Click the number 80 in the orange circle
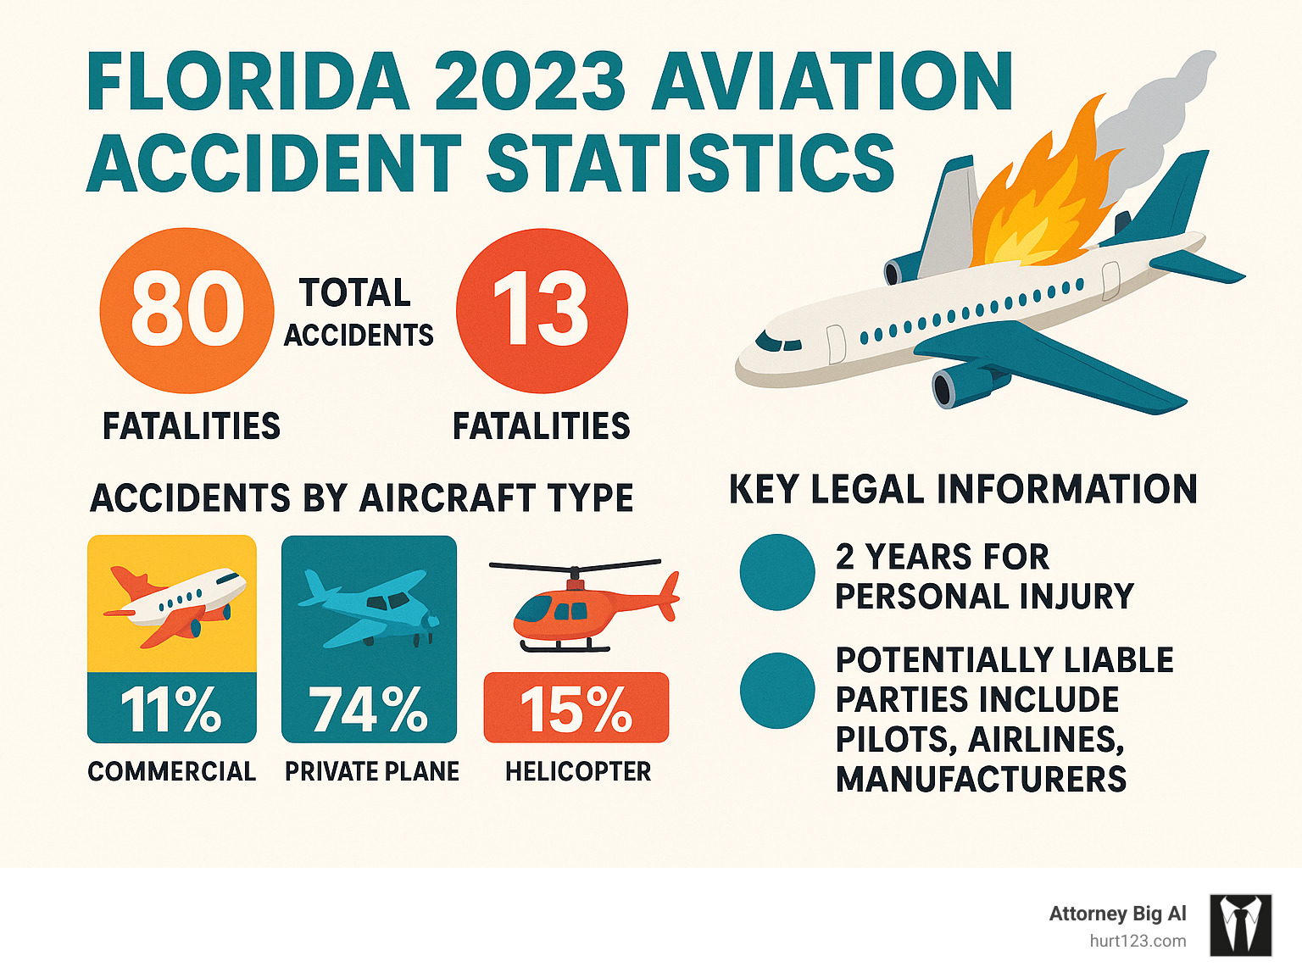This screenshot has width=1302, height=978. [186, 310]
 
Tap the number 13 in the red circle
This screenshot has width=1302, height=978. [541, 310]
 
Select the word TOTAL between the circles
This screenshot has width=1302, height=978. [355, 293]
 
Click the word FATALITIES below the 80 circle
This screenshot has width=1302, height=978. [191, 425]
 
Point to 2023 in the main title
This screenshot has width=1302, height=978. [530, 82]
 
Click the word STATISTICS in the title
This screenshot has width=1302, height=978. [690, 163]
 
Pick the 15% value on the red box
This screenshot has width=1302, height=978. [576, 708]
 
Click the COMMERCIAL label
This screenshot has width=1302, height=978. [171, 771]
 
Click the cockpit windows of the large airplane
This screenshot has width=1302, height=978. [777, 343]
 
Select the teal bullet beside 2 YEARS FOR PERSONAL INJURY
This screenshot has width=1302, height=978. [776, 572]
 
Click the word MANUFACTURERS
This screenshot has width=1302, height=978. [981, 779]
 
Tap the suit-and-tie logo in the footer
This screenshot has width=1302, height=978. [1240, 925]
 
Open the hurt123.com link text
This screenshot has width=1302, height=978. [1138, 941]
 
